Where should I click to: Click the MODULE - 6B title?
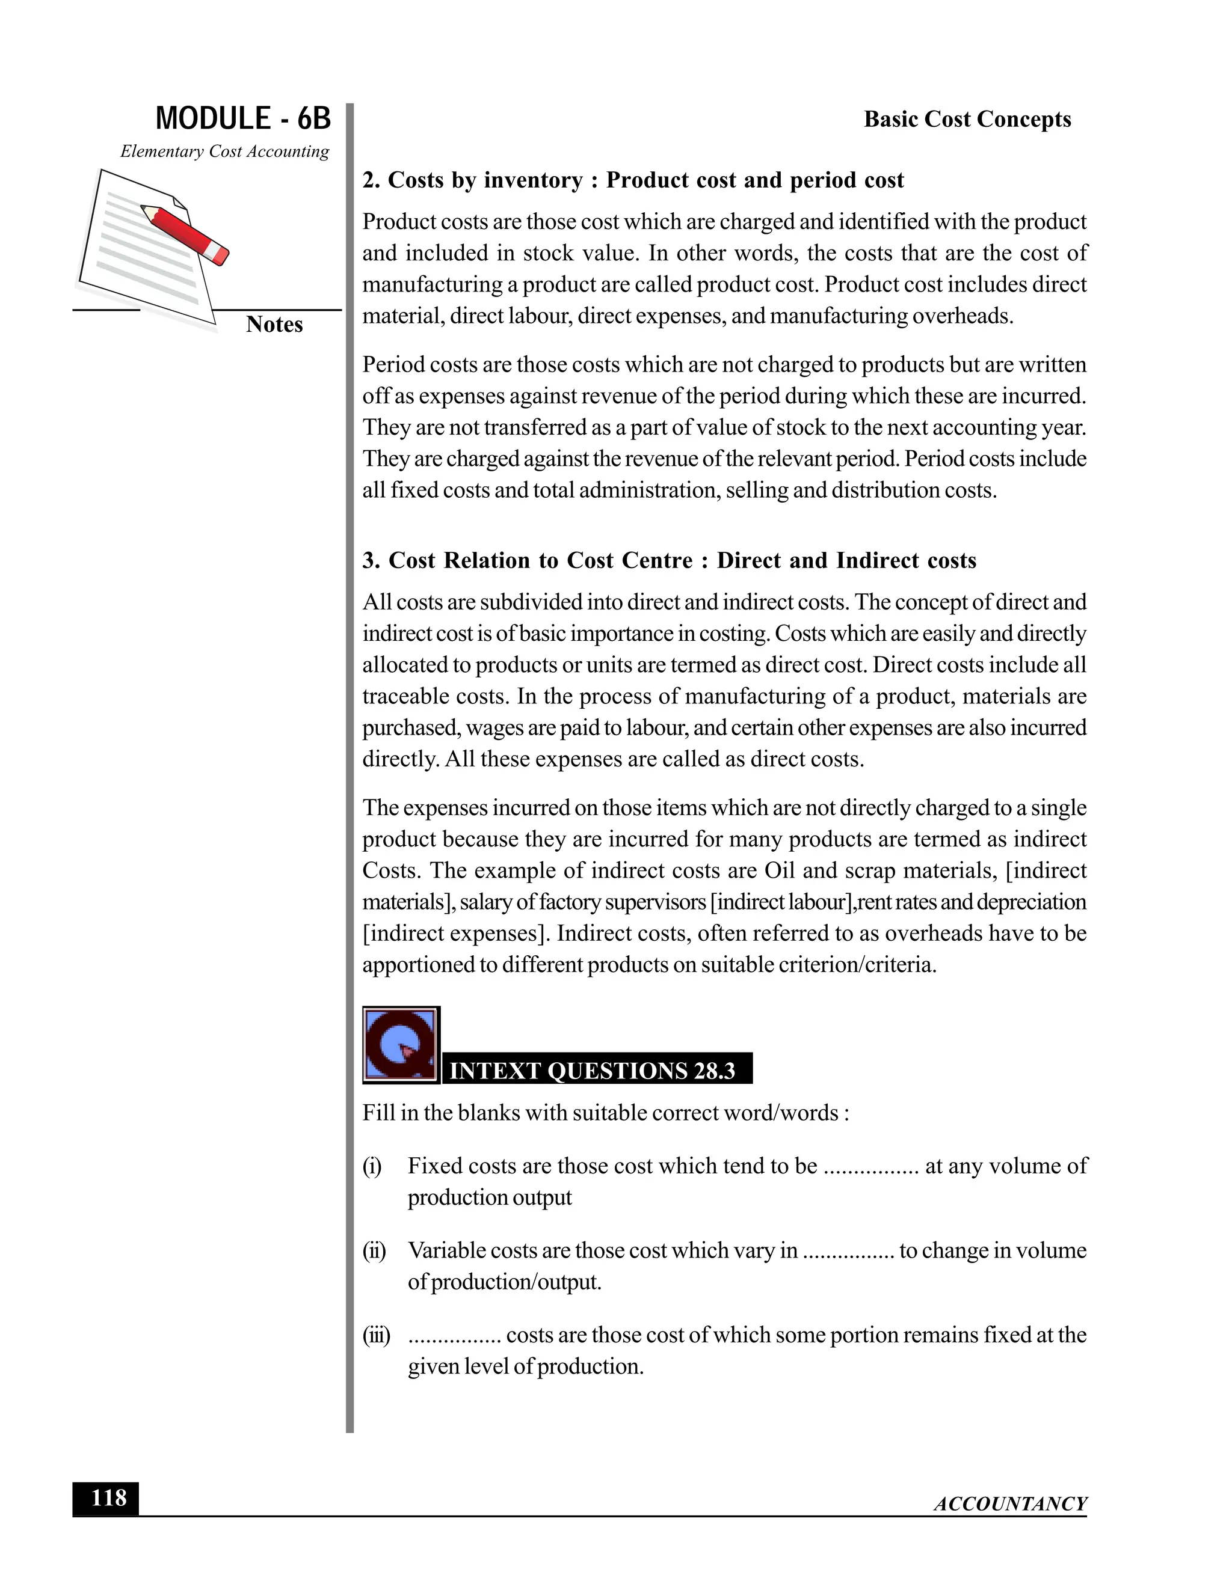pos(243,118)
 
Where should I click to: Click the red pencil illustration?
pos(185,233)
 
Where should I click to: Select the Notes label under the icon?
pos(274,324)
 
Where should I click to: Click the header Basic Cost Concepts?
pos(967,119)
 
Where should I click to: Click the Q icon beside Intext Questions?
pos(401,1045)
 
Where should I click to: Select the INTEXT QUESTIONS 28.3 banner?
pos(597,1070)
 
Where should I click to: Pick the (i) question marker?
pos(372,1166)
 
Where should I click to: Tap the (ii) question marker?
pos(374,1251)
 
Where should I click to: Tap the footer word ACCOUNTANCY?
pos(1010,1503)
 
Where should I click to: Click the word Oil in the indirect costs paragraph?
pos(780,871)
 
